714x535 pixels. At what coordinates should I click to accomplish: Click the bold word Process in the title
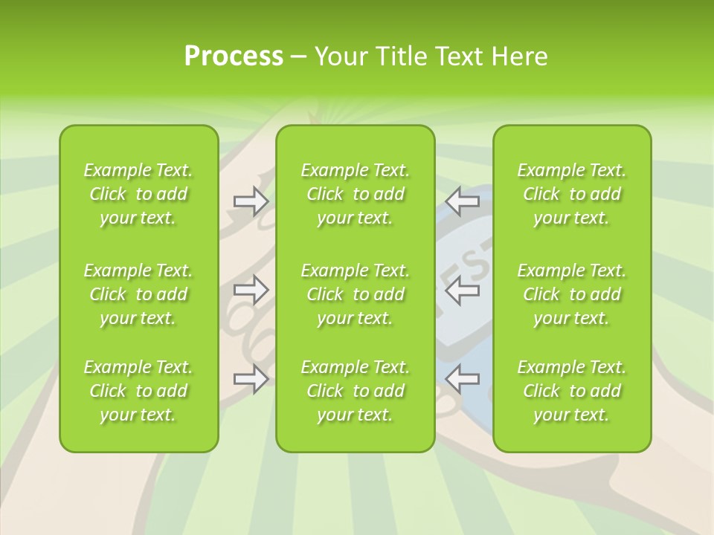click(234, 56)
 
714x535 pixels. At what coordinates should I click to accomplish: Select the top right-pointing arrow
click(251, 201)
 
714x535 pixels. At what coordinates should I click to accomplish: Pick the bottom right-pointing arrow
click(251, 379)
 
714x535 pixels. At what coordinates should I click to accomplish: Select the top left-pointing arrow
click(463, 201)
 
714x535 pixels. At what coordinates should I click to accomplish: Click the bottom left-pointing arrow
click(463, 379)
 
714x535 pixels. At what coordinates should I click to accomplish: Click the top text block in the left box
click(138, 194)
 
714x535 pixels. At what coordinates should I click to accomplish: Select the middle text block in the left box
click(138, 294)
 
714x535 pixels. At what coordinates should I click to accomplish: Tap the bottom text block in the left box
click(138, 391)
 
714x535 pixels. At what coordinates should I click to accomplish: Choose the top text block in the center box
click(356, 194)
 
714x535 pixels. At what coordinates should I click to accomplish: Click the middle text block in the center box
click(356, 294)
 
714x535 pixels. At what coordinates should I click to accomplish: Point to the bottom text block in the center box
click(356, 391)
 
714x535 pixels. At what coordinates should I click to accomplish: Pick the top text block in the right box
click(572, 194)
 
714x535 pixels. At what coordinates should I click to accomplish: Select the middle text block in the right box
click(572, 294)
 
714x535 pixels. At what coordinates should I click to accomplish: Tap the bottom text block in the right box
click(572, 391)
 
